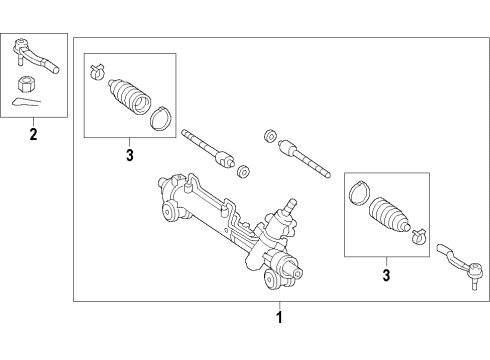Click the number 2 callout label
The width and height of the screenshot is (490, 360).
click(x=33, y=133)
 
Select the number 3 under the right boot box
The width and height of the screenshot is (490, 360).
click(x=386, y=271)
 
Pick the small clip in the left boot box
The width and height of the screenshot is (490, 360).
click(x=97, y=70)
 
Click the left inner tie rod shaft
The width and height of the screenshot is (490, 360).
click(x=209, y=147)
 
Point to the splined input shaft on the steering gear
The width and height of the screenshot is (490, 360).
click(x=290, y=208)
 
